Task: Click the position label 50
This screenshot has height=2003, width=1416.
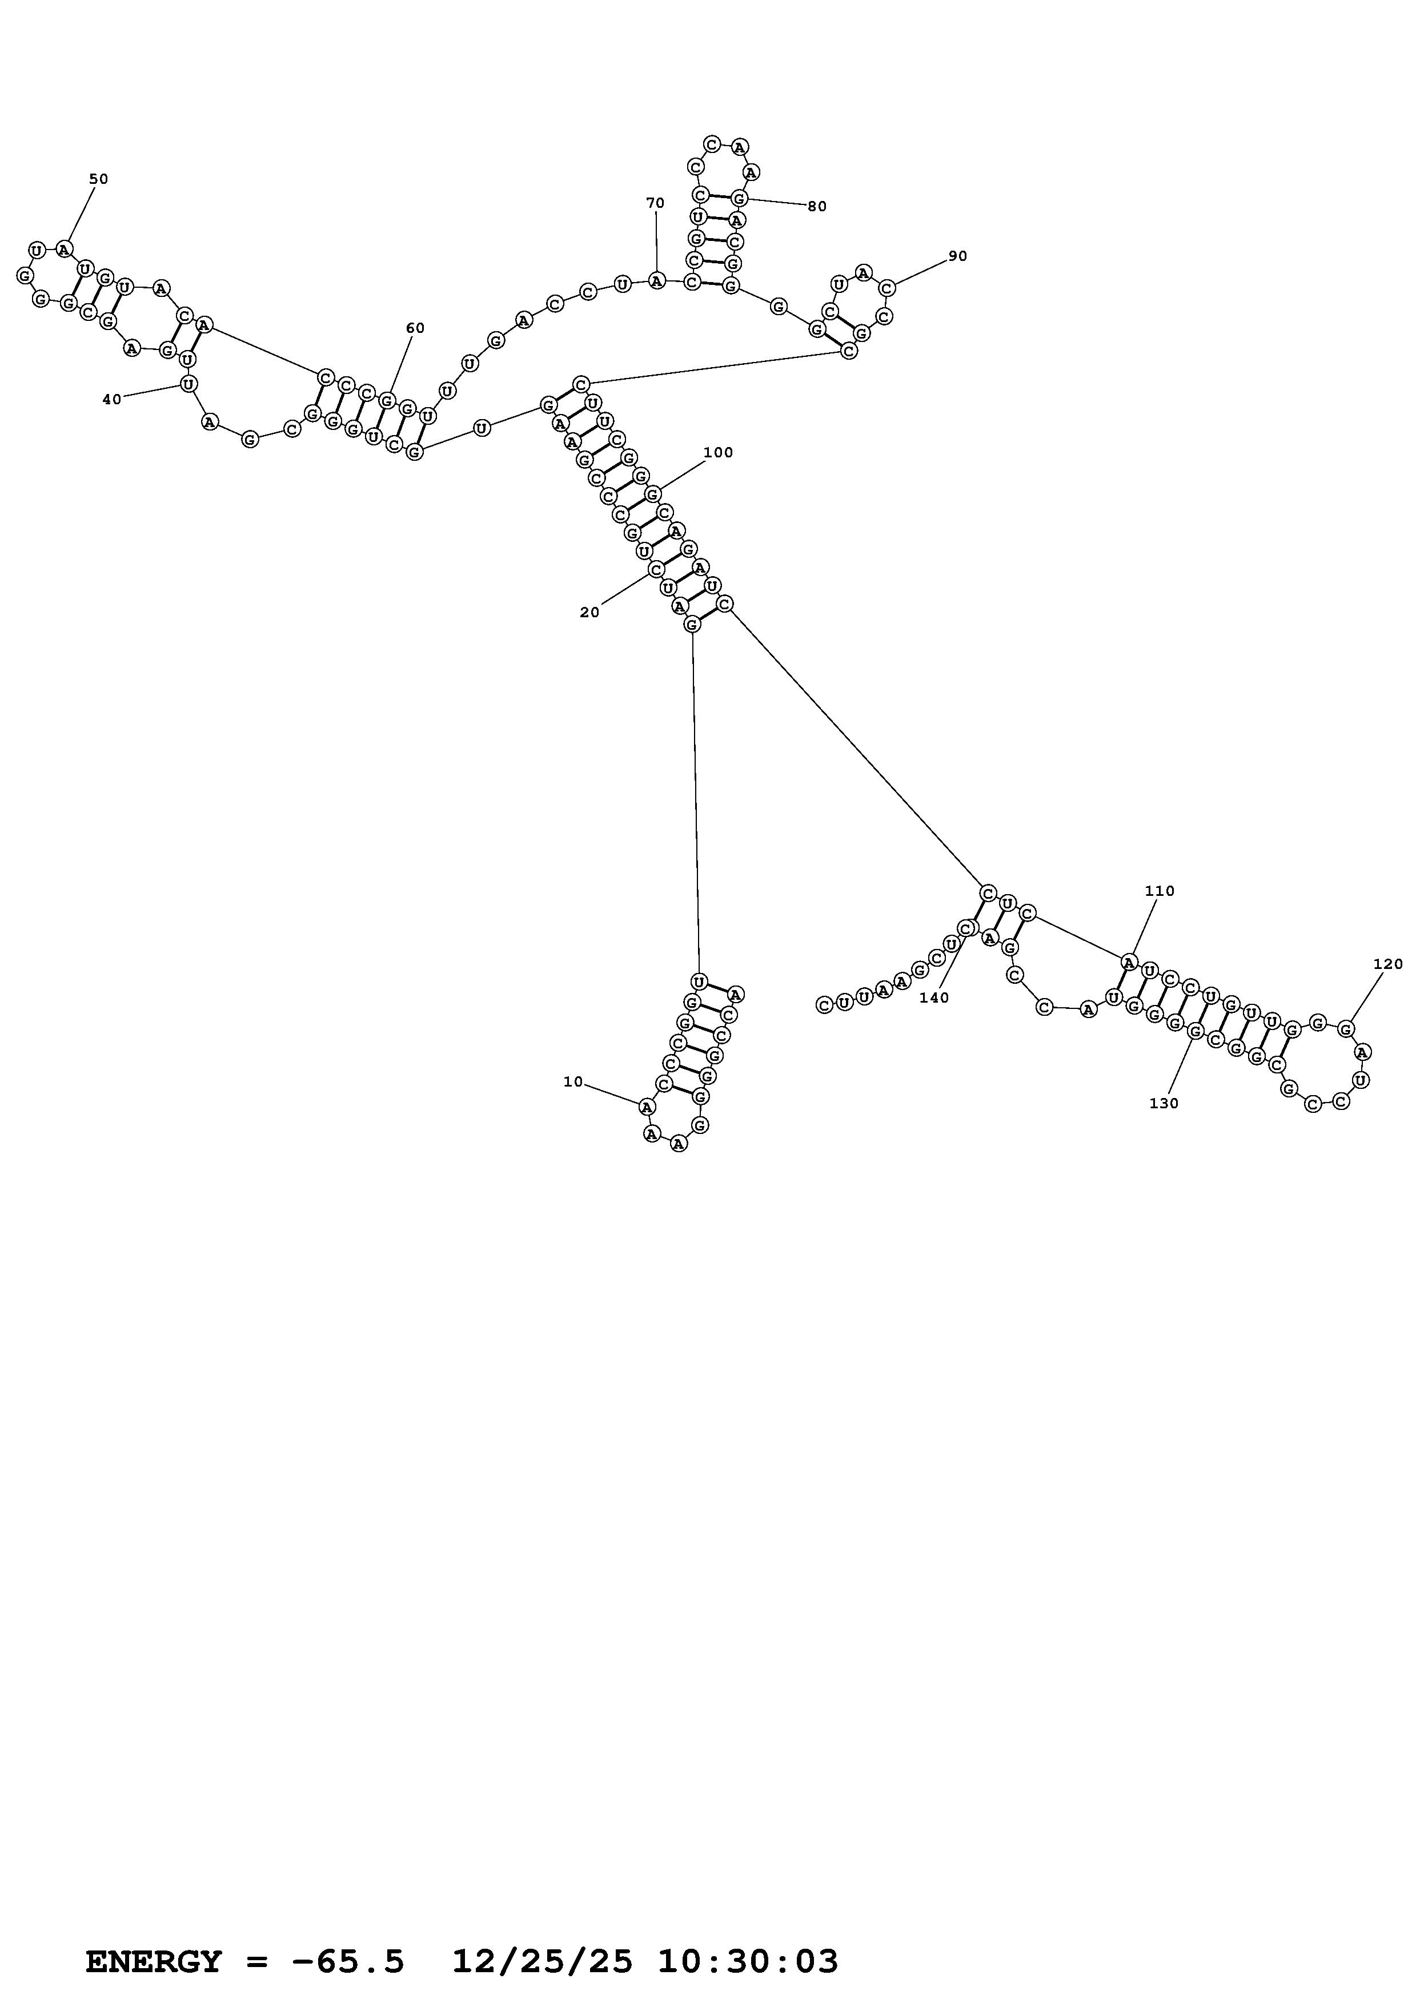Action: point(99,179)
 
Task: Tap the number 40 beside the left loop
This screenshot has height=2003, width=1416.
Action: point(112,400)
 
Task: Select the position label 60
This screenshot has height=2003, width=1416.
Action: point(415,328)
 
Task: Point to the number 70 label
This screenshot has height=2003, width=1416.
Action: point(655,203)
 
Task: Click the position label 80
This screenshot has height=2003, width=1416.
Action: point(817,207)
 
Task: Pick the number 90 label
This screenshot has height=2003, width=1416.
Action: point(958,256)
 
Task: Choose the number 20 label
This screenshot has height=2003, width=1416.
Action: point(590,613)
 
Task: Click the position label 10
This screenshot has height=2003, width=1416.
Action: point(573,1082)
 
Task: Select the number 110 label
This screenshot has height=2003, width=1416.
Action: point(1160,891)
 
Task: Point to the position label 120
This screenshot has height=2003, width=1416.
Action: point(1388,964)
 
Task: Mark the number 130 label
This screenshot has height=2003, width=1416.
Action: point(1164,1104)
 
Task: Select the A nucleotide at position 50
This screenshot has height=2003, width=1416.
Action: point(63,250)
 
